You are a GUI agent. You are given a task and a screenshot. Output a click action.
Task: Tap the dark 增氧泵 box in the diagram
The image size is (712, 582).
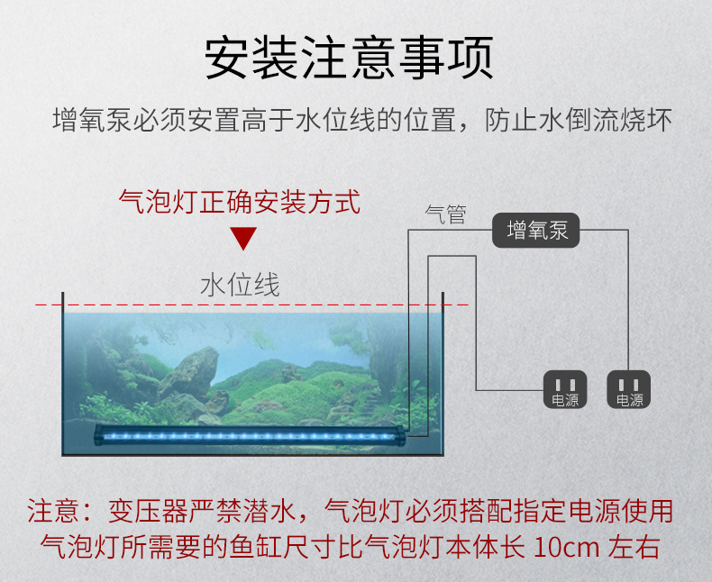click(x=537, y=231)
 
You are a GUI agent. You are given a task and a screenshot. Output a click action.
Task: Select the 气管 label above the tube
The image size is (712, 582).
click(x=445, y=215)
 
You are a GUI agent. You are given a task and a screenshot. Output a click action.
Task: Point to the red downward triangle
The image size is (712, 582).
click(x=242, y=239)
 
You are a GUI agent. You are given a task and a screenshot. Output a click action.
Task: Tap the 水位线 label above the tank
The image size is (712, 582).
click(x=240, y=286)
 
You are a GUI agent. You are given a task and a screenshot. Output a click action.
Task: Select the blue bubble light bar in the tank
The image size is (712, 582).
click(x=252, y=434)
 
